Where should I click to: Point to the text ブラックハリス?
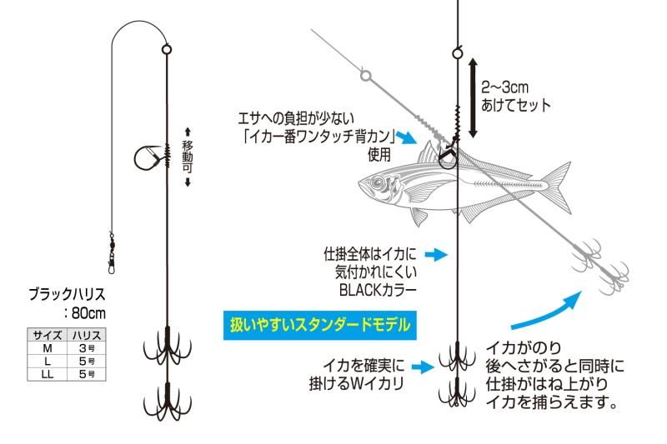click(68, 294)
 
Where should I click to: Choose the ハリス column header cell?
click(87, 335)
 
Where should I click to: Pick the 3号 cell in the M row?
click(87, 348)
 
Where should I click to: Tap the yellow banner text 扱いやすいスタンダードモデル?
click(320, 322)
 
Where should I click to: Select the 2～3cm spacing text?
click(506, 87)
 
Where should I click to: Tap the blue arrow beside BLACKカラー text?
click(436, 252)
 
